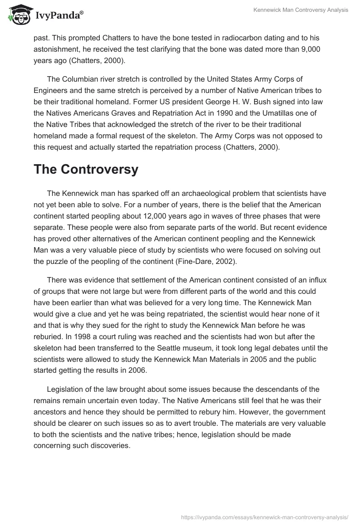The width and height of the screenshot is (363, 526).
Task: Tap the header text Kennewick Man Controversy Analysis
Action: [300, 10]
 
